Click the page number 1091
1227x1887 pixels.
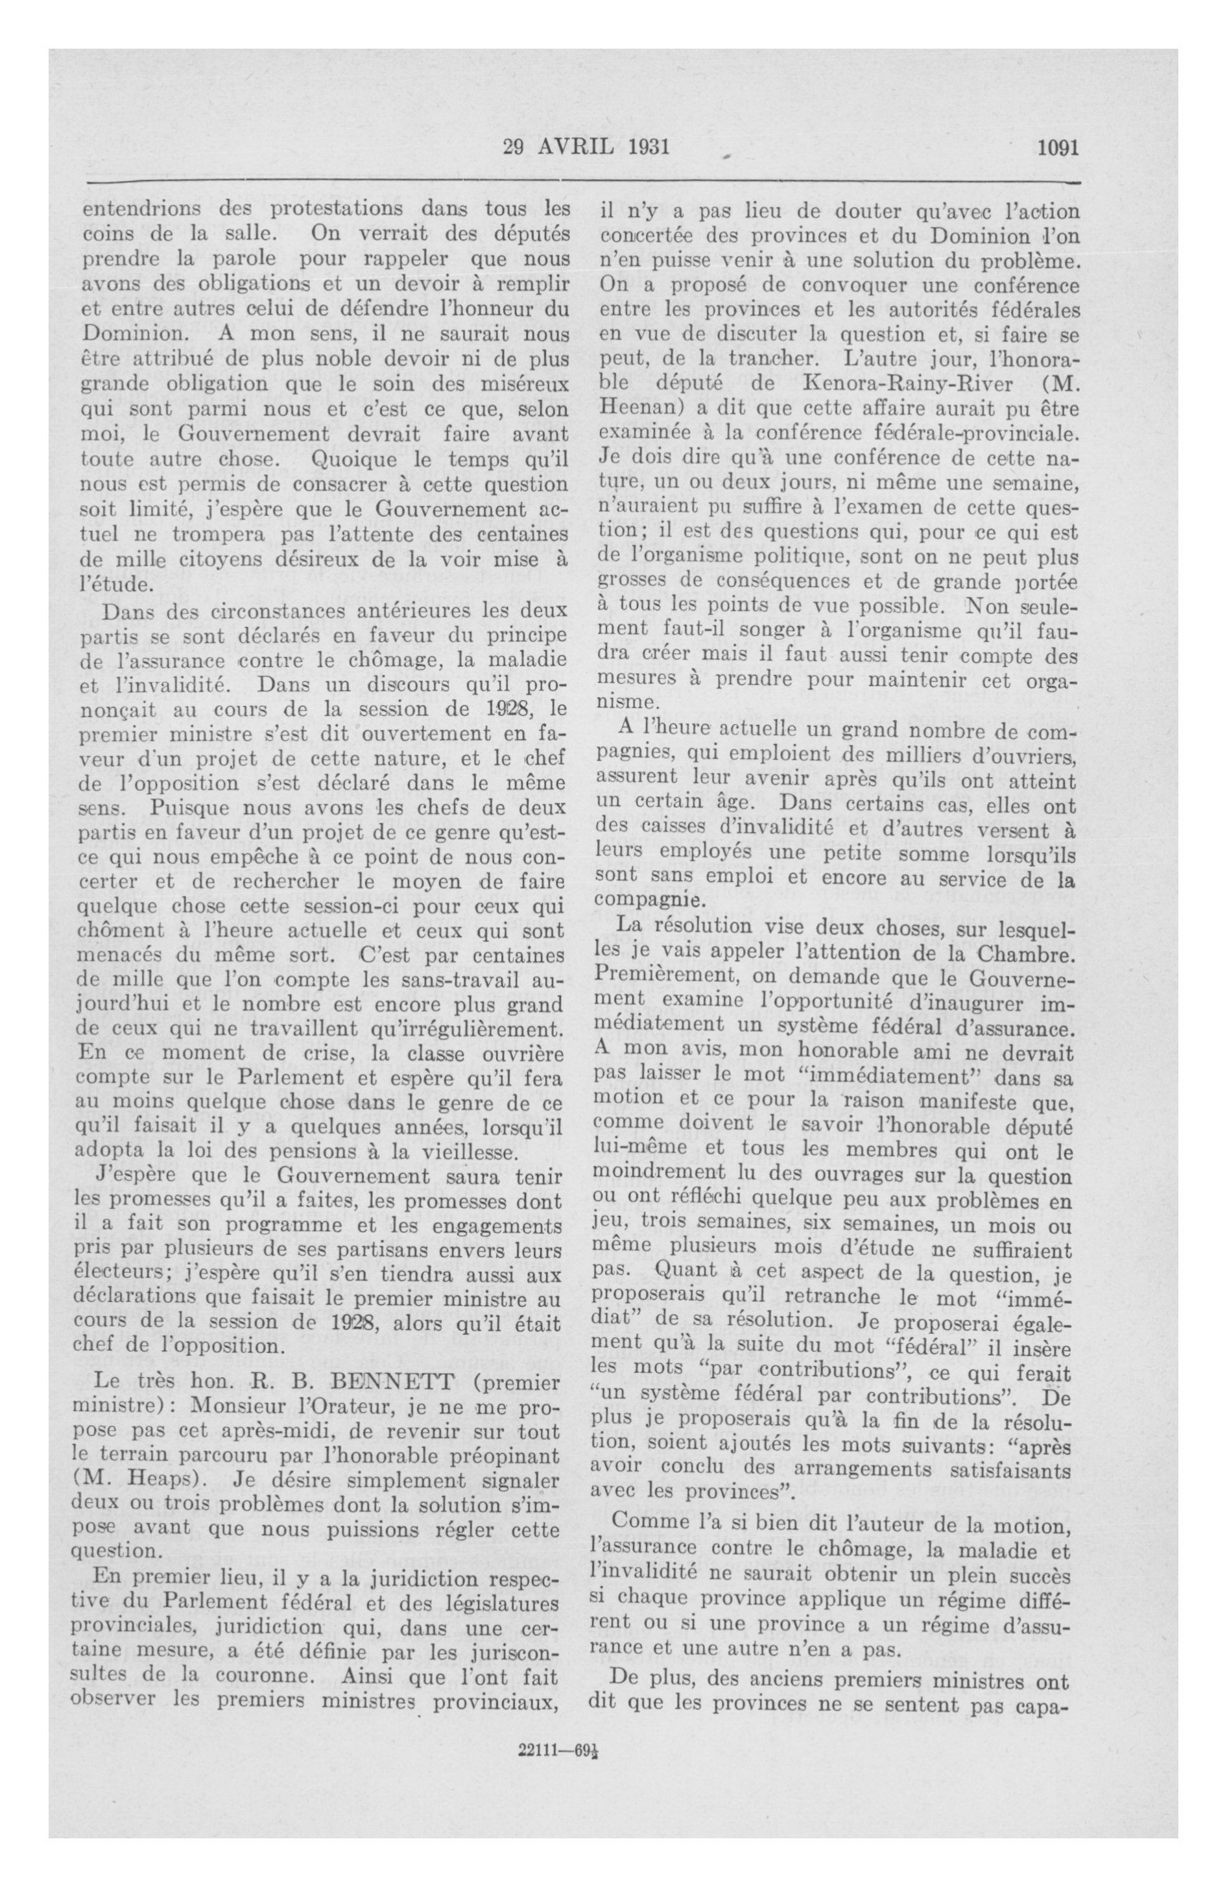[x=1057, y=148]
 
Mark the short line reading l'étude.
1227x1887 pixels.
[x=117, y=585]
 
